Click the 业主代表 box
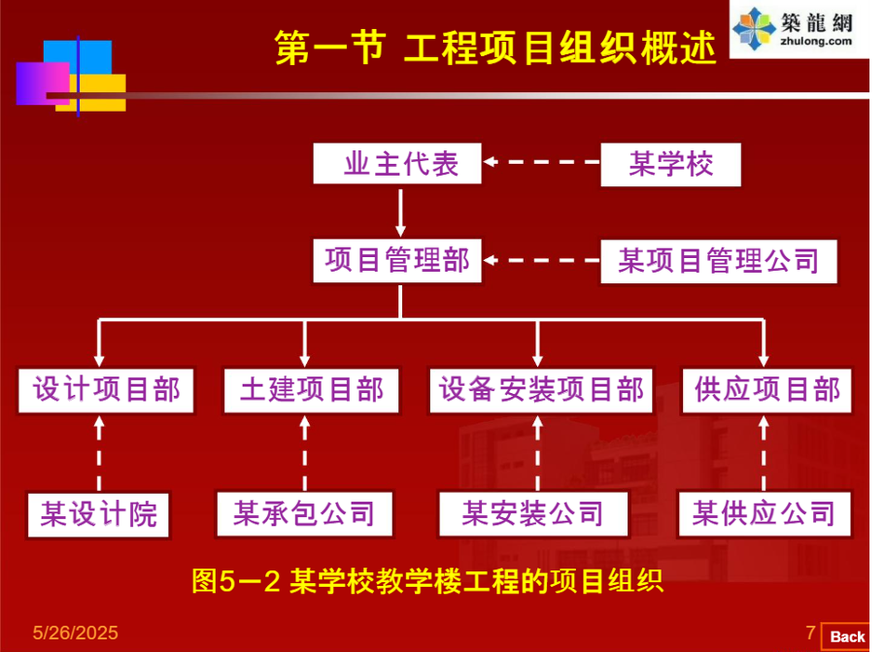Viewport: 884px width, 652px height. (x=400, y=165)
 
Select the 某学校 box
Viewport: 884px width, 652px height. (x=671, y=165)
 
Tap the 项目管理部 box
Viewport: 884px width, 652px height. (x=397, y=260)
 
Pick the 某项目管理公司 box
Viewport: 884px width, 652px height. (x=718, y=261)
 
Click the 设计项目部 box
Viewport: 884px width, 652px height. (x=107, y=389)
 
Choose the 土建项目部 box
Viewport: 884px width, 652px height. (x=312, y=389)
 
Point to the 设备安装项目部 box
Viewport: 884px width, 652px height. (x=541, y=389)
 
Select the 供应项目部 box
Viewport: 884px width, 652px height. (x=767, y=389)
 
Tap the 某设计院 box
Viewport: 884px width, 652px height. (x=99, y=513)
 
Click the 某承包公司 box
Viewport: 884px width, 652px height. (x=304, y=513)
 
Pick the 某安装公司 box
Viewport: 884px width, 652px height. (x=532, y=513)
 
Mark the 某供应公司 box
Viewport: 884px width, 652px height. (x=763, y=513)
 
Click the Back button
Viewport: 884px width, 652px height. (x=847, y=636)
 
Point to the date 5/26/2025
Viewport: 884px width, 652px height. (x=75, y=633)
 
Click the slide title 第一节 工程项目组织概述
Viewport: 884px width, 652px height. (x=495, y=48)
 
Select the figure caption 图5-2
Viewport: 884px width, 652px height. (x=426, y=582)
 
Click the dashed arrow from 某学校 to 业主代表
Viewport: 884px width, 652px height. (x=542, y=162)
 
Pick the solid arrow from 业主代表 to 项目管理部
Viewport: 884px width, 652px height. (x=401, y=211)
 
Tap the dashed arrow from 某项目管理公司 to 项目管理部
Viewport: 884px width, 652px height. (x=542, y=260)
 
